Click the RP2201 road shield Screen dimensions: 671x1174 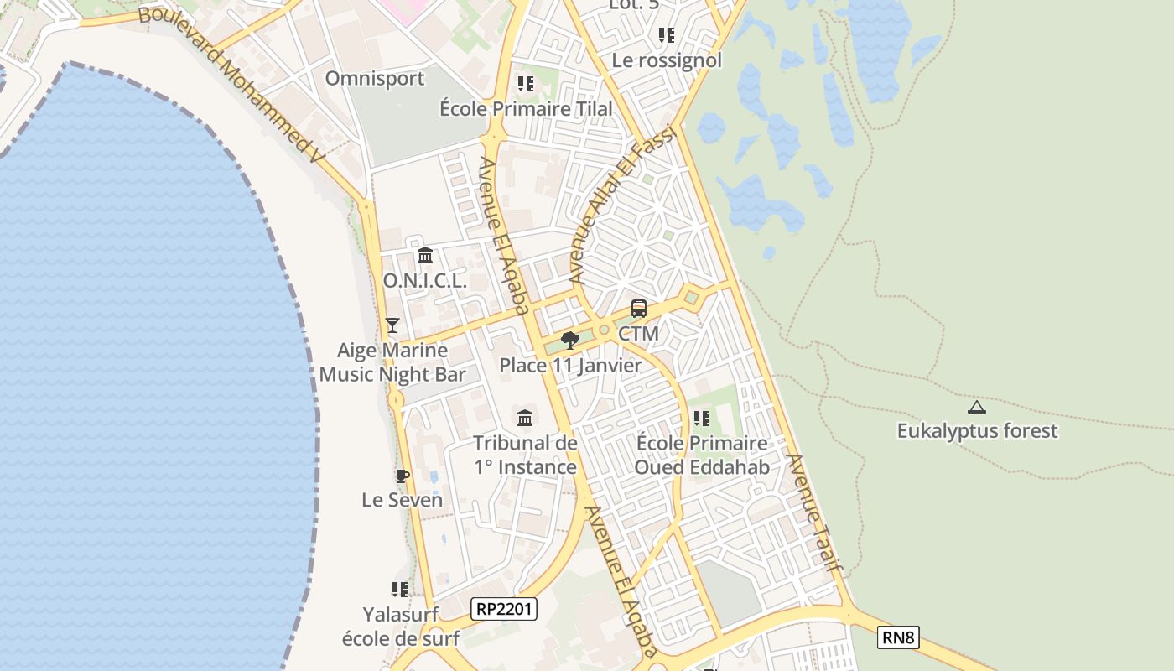[504, 609]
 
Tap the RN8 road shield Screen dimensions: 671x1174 [898, 637]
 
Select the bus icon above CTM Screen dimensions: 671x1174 [639, 309]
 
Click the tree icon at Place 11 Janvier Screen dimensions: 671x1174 [570, 340]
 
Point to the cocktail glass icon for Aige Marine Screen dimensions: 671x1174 [392, 325]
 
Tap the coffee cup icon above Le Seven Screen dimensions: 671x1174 [402, 476]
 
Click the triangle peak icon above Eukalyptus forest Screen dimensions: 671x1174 [976, 408]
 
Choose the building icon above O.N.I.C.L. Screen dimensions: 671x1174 [425, 255]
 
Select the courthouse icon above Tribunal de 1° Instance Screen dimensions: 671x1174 [525, 418]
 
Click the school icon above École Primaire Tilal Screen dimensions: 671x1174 [526, 84]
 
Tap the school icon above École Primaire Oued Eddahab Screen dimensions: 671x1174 [702, 418]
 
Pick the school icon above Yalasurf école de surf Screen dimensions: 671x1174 [400, 590]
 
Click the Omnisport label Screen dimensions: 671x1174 [375, 79]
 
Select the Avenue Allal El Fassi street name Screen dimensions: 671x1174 [621, 205]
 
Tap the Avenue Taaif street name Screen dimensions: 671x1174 [813, 512]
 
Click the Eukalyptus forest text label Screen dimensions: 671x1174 [977, 431]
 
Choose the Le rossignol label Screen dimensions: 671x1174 [667, 60]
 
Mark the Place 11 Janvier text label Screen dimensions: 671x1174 [570, 365]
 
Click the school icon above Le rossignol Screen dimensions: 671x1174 [667, 35]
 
